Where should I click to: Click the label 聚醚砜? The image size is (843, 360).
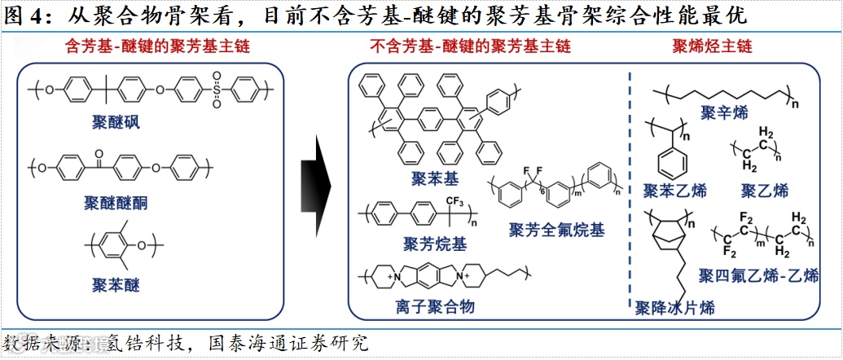pyautogui.click(x=116, y=124)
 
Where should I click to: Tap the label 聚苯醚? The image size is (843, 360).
pyautogui.click(x=116, y=284)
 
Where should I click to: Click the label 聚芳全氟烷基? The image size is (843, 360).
pyautogui.click(x=556, y=230)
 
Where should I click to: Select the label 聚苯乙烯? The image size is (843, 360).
pyautogui.click(x=674, y=191)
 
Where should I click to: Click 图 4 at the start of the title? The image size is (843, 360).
pyautogui.click(x=23, y=15)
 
